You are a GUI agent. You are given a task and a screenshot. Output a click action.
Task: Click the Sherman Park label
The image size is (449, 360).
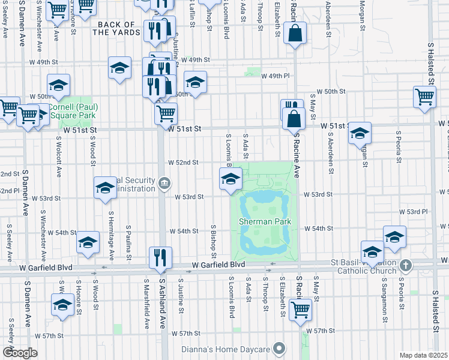pos(265,221)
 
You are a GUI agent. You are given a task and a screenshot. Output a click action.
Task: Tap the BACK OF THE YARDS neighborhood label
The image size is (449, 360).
pos(118,28)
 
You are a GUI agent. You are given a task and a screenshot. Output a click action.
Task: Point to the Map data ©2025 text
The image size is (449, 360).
pos(424,355)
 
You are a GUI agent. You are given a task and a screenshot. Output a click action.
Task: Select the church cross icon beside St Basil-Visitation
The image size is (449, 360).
pos(406,265)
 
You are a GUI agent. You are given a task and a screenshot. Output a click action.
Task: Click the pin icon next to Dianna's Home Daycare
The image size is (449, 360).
pos(278,348)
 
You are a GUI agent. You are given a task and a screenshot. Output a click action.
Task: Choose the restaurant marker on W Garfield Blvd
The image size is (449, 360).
pos(160,257)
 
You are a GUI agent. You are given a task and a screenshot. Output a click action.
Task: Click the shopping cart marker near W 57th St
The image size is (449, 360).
pos(300,310)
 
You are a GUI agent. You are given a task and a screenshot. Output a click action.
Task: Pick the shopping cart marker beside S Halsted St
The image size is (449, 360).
pos(424,96)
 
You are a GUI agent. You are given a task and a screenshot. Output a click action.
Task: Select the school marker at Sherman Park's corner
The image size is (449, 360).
pos(231,179)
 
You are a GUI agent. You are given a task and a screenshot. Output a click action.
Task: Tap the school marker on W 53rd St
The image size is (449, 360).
pos(105,187)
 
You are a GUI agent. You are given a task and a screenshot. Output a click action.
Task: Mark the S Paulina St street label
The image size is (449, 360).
pos(129,243)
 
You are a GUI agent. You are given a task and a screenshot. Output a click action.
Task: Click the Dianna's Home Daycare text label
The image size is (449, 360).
pos(228,348)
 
